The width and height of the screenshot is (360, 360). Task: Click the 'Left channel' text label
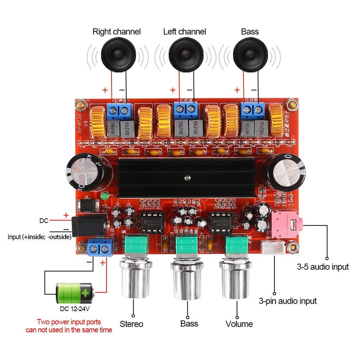point(184,32)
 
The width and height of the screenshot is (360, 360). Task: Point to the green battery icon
point(74,293)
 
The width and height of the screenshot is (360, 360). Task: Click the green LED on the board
point(104,197)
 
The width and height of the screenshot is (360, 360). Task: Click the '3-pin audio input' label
point(288,301)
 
